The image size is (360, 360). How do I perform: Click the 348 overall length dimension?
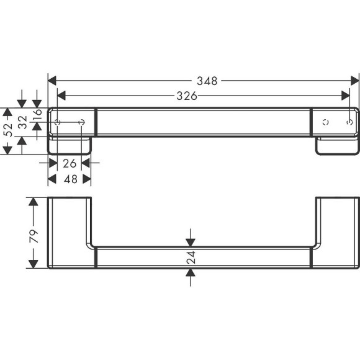[206, 81]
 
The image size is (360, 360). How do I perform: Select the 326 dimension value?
[187, 96]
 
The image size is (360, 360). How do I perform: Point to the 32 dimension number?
[23, 122]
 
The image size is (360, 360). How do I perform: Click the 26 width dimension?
[70, 163]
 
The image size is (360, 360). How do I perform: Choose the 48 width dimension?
[70, 179]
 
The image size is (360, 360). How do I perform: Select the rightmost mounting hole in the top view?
[349, 122]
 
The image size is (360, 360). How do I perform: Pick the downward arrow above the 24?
[191, 241]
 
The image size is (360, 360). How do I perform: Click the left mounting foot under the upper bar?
[70, 145]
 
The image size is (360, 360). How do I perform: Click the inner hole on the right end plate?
[324, 122]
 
